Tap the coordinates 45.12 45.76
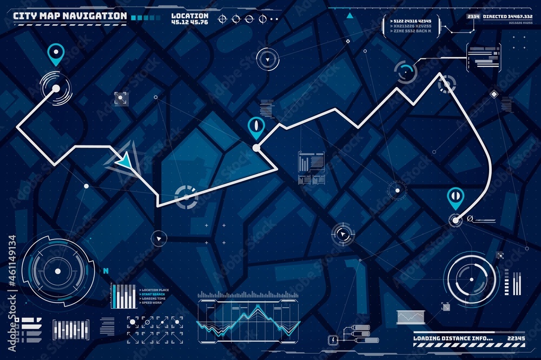coord(189,22)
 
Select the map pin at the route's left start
coord(55,53)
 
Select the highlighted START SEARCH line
coord(154,295)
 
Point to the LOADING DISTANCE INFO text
coord(453,338)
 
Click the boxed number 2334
coord(473,17)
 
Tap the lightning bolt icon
coord(333,339)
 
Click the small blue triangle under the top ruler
coord(349,16)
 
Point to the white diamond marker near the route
coord(493,94)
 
